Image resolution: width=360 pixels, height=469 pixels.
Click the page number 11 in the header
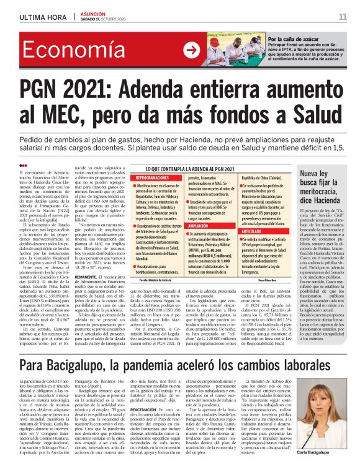point(342,17)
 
